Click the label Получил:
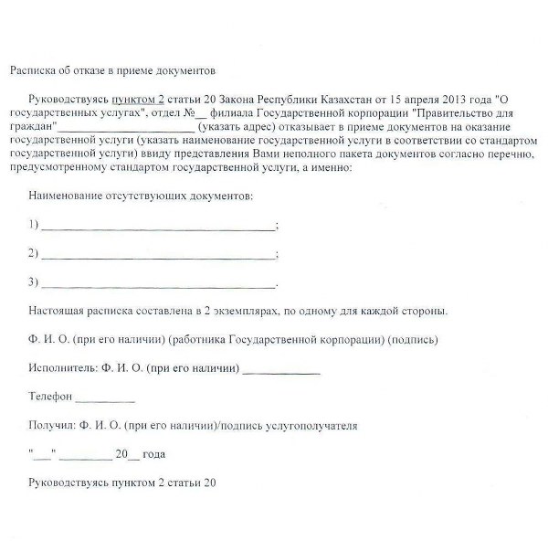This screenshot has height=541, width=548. coord(53,426)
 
